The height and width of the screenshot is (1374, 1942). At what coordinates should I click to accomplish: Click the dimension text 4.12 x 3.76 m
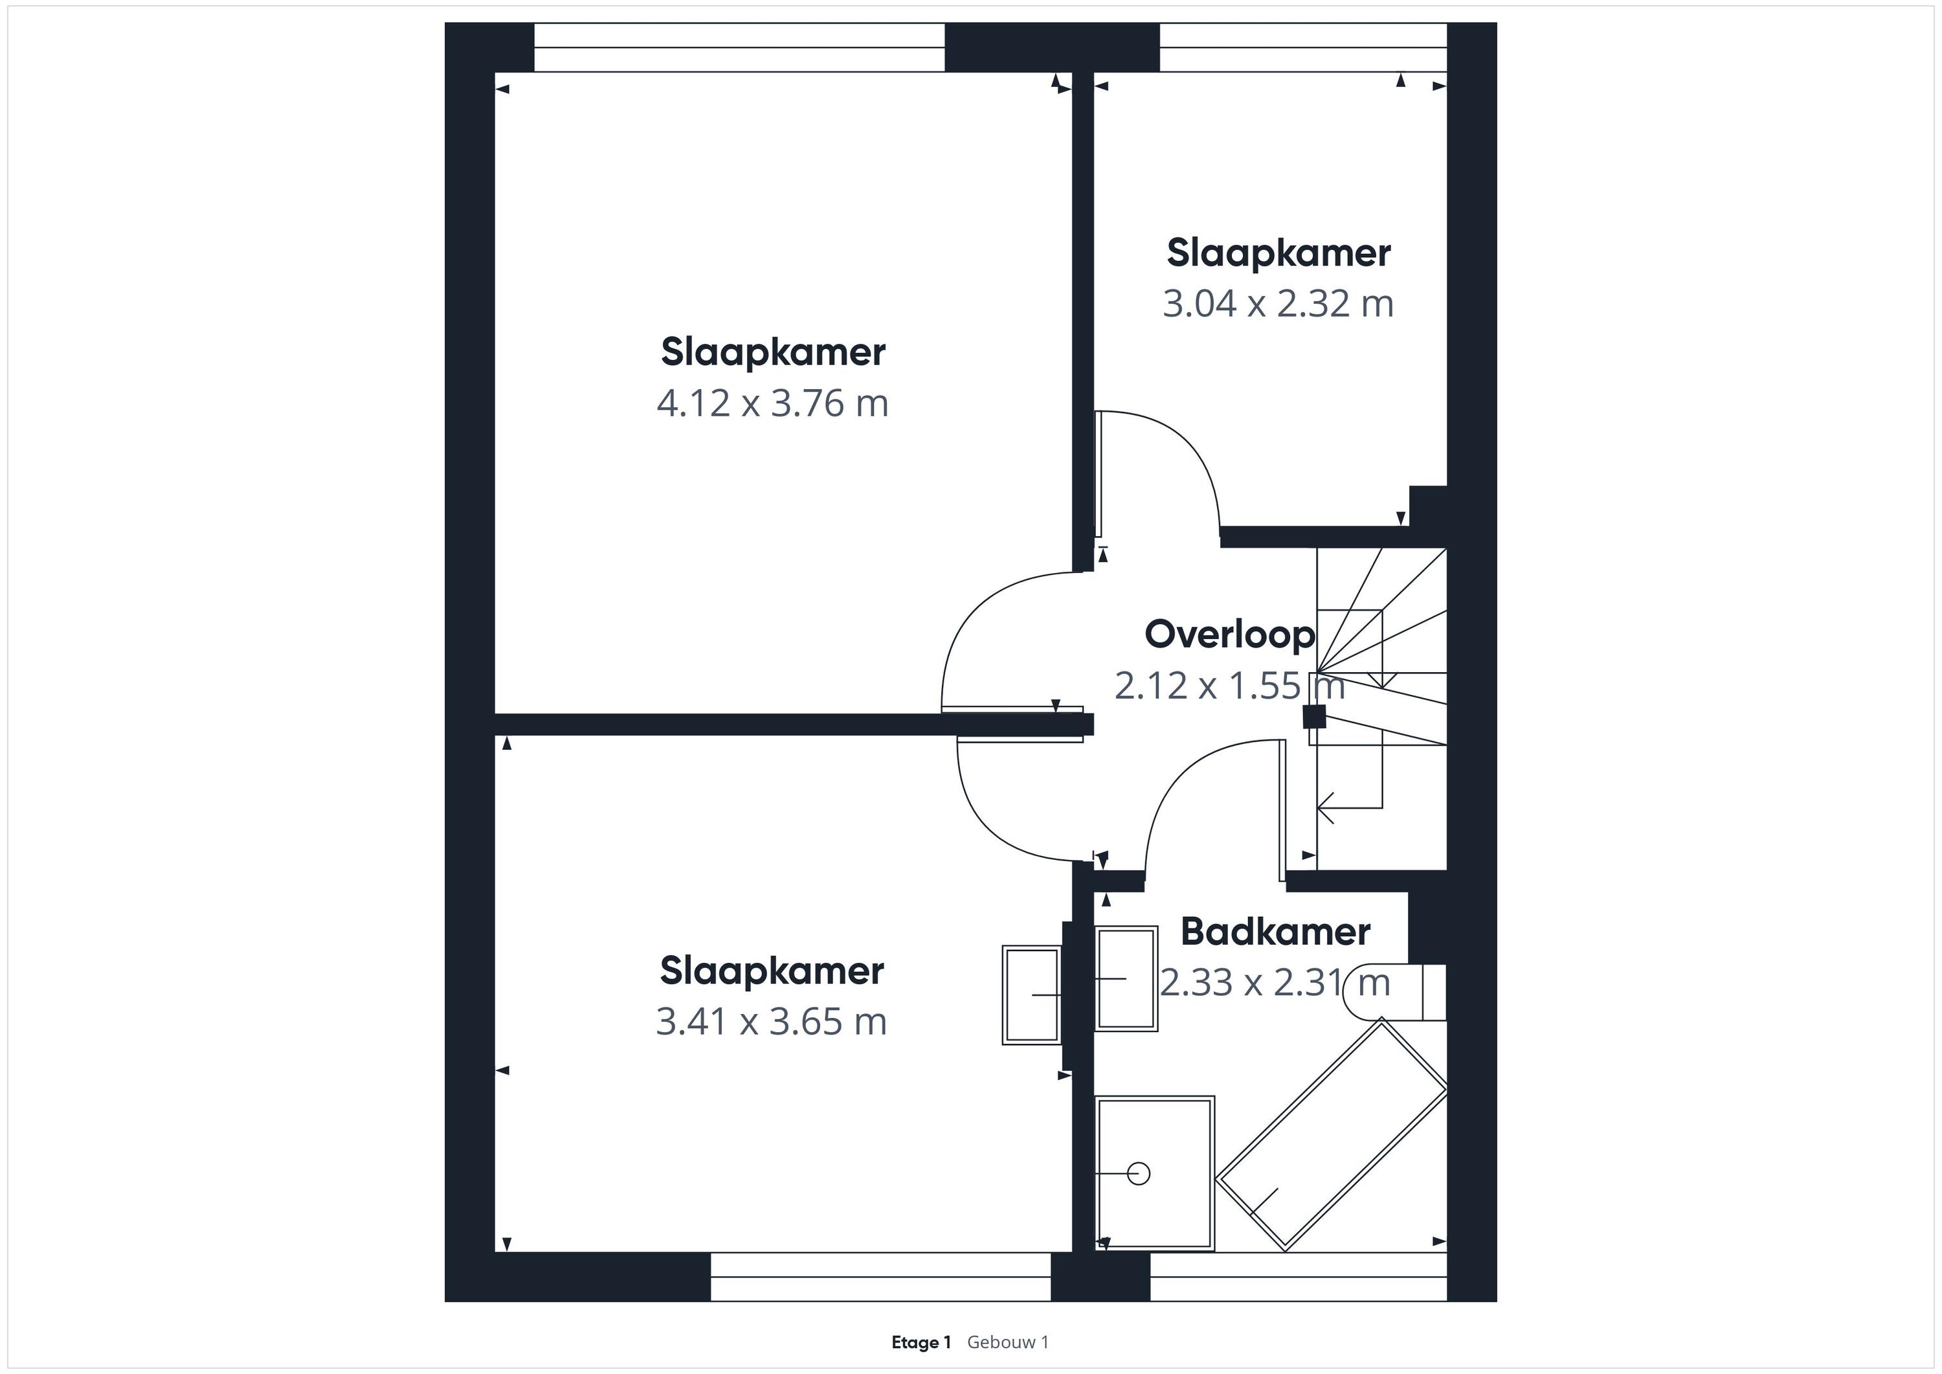coord(772,403)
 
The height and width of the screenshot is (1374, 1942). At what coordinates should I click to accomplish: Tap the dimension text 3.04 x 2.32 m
coord(1278,304)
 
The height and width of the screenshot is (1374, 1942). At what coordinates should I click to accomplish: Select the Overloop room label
coord(1230,635)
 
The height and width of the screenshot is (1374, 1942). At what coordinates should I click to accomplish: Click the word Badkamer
coord(1275,932)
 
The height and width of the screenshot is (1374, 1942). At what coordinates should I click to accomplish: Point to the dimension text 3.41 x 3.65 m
coord(772,1021)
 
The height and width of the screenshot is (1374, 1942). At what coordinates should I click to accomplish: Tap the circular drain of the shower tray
coord(1139,1173)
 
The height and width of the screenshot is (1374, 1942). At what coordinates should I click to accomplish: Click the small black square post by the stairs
coord(1313,717)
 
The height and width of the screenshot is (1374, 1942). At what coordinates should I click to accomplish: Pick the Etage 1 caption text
coord(921,1342)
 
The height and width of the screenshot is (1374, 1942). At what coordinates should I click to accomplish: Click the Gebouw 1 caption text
coord(1008,1342)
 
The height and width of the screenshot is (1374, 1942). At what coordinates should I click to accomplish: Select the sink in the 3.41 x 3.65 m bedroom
coord(1032,995)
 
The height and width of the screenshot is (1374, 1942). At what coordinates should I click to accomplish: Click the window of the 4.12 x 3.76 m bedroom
coord(739,47)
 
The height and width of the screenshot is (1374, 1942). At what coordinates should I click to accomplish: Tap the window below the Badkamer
coord(1299,1277)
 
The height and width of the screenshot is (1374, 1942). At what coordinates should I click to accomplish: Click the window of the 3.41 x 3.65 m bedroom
coord(880,1277)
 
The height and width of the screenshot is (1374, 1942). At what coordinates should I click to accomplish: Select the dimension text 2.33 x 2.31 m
coord(1275,983)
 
